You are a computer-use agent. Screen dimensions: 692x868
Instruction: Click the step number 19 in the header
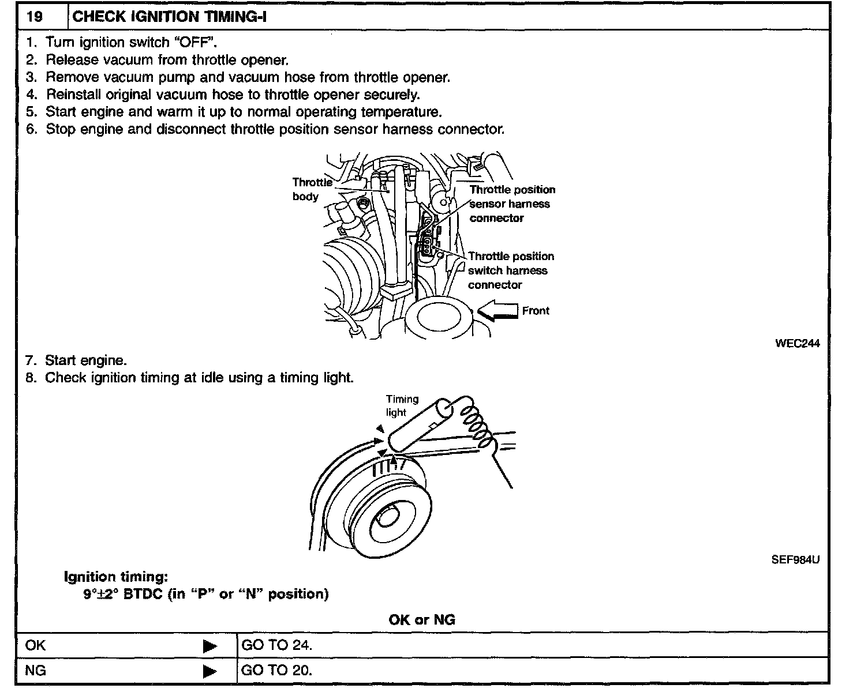point(35,16)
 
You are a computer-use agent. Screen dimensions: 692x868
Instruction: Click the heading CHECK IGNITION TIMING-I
point(169,16)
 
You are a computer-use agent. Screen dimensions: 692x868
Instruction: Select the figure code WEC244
point(797,343)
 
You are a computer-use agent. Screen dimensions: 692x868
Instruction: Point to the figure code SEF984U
point(795,559)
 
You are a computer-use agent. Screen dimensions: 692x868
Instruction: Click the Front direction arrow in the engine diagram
point(497,311)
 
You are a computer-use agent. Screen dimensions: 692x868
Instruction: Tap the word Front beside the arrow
point(536,311)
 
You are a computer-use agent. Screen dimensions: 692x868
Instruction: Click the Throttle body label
point(312,189)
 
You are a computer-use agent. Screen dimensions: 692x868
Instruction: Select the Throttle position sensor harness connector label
point(512,204)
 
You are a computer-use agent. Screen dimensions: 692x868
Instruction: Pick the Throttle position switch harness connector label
point(510,270)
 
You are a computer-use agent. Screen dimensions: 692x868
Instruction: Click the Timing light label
point(402,405)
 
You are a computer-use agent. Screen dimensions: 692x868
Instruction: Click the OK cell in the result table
point(36,645)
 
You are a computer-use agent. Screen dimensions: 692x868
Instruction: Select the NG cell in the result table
point(36,671)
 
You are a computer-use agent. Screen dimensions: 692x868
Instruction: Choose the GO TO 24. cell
point(277,645)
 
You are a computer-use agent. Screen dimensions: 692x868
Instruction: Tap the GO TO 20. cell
point(277,671)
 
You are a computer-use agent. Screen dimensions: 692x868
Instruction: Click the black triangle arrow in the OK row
point(210,646)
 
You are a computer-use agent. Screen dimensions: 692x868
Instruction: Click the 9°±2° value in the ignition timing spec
point(102,594)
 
